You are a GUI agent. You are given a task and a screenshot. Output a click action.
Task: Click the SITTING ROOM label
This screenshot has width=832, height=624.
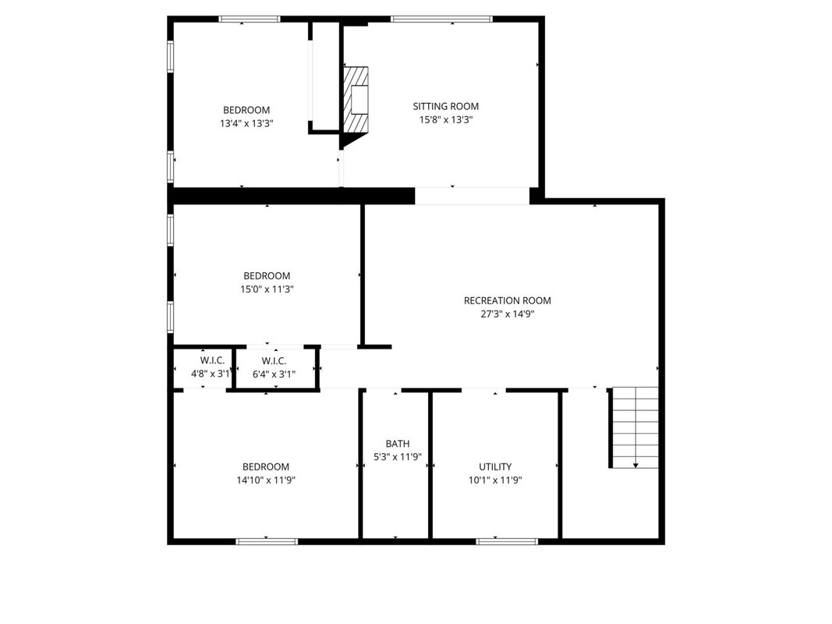click(x=446, y=106)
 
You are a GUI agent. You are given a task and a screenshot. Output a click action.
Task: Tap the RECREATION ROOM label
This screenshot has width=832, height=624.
click(x=508, y=300)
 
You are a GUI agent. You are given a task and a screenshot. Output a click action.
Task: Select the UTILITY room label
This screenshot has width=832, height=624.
click(x=495, y=466)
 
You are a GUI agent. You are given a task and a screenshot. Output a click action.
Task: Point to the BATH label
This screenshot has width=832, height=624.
click(x=398, y=444)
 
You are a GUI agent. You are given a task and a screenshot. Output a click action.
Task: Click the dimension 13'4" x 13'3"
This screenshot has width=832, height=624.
click(x=246, y=124)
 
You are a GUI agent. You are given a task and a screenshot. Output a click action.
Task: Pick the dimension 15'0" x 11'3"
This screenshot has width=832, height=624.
click(x=267, y=289)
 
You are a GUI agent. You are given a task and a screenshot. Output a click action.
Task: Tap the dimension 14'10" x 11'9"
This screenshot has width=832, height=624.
click(x=266, y=480)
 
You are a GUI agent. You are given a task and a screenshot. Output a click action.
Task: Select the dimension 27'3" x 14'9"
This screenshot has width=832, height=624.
click(x=508, y=314)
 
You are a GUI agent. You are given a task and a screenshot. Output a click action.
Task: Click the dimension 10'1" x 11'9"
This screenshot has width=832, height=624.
click(x=495, y=480)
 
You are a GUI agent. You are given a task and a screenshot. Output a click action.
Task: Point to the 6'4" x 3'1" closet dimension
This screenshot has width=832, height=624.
click(x=274, y=374)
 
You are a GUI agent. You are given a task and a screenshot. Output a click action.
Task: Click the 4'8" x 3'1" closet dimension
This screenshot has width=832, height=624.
click(x=211, y=374)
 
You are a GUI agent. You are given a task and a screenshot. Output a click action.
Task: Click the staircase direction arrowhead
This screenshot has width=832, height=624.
click(x=636, y=466)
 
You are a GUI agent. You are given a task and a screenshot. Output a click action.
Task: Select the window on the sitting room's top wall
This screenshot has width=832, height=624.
click(x=441, y=19)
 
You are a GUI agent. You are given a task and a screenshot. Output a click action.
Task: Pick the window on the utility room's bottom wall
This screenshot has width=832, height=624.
click(x=507, y=542)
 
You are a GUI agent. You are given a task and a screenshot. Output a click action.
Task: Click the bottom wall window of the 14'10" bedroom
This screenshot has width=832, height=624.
click(x=267, y=542)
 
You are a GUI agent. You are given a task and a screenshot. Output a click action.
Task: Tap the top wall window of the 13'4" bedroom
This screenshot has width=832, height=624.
click(x=250, y=19)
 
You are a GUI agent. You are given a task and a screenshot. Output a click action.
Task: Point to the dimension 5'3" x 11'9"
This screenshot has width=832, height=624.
click(x=398, y=457)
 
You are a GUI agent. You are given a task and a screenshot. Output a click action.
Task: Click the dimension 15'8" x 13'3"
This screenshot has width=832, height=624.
click(x=446, y=120)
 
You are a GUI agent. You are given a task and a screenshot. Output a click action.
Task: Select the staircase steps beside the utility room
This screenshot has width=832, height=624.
click(x=636, y=427)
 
